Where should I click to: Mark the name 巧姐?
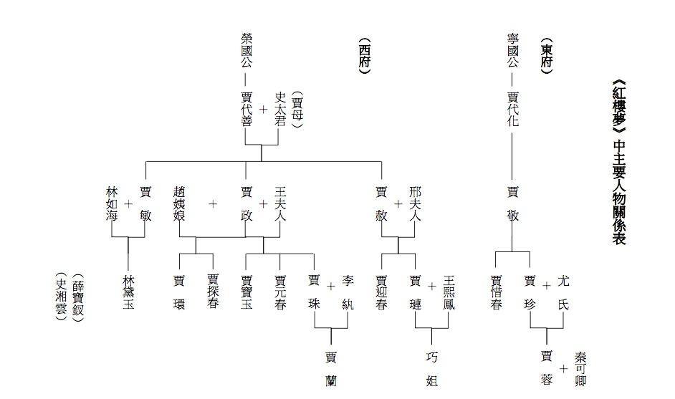tap(432, 368)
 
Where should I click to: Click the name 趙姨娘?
tap(179, 203)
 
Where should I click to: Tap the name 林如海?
tap(112, 203)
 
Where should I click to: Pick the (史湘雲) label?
tap(62, 297)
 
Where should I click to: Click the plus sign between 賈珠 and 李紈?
tap(331, 287)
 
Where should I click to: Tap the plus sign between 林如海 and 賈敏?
tap(128, 203)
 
